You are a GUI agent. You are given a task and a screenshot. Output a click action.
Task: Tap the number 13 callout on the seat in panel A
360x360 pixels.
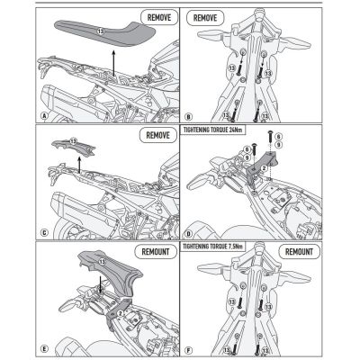[x=100, y=31]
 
